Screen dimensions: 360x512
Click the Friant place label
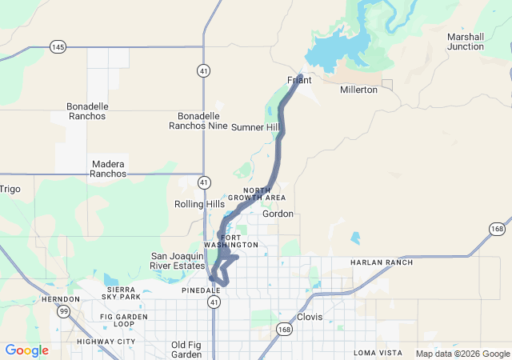coord(299,80)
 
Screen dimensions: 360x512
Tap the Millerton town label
coord(358,90)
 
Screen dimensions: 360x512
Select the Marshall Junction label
coord(466,42)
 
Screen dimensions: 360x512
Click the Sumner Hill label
coord(255,127)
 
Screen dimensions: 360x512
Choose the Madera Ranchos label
coord(108,168)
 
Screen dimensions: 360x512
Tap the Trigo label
coord(10,189)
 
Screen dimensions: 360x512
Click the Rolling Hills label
coord(199,204)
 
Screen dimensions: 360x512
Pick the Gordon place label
coord(278,214)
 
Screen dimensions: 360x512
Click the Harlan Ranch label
coord(382,262)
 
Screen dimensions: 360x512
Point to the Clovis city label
coord(310,317)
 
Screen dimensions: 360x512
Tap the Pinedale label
coord(195,290)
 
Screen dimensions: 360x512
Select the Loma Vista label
coord(378,352)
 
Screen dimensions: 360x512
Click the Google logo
coord(26,350)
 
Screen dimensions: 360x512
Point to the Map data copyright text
coord(462,354)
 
